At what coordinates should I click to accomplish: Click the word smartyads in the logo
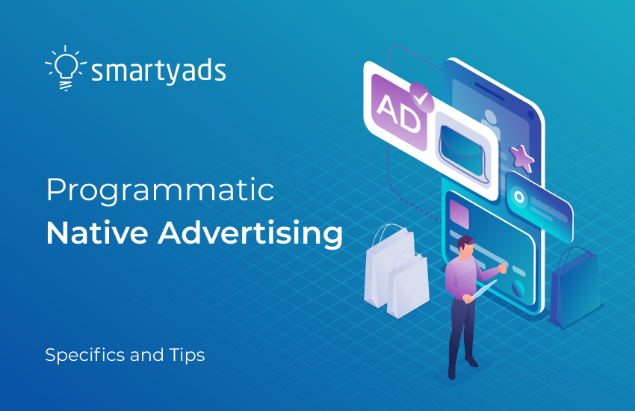[x=158, y=71]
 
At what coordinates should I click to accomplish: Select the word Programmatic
[x=160, y=192]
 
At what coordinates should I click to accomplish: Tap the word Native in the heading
[x=94, y=233]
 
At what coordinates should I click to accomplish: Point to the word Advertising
[x=250, y=235]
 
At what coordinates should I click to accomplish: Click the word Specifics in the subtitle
[x=84, y=355]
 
